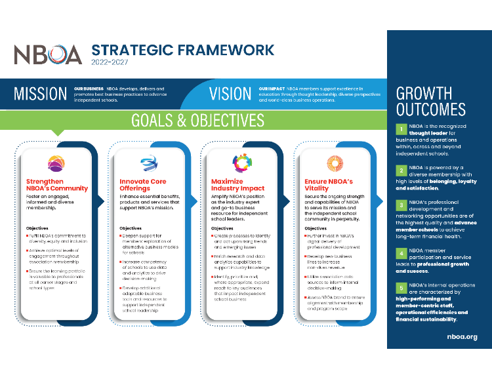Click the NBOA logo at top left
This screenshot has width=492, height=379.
pyautogui.click(x=48, y=54)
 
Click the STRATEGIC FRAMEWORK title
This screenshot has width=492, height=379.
pyautogui.click(x=182, y=50)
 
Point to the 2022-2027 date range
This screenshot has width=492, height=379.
pyautogui.click(x=110, y=63)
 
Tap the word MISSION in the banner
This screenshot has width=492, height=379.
pyautogui.click(x=40, y=94)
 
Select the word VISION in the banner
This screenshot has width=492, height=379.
pyautogui.click(x=230, y=94)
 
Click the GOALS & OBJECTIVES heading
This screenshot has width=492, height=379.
pyautogui.click(x=197, y=121)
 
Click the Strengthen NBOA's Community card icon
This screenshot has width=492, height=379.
pyautogui.click(x=56, y=163)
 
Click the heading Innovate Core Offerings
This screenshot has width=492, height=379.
pyautogui.click(x=143, y=184)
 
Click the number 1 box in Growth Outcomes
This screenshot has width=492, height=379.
pyautogui.click(x=400, y=129)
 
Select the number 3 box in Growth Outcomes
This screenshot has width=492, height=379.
pyautogui.click(x=400, y=205)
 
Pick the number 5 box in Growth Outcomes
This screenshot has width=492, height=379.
pyautogui.click(x=400, y=288)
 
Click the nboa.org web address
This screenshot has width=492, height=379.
pyautogui.click(x=462, y=336)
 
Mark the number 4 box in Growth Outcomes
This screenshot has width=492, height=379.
pyautogui.click(x=400, y=250)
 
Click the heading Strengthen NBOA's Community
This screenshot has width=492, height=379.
pyautogui.click(x=56, y=184)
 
